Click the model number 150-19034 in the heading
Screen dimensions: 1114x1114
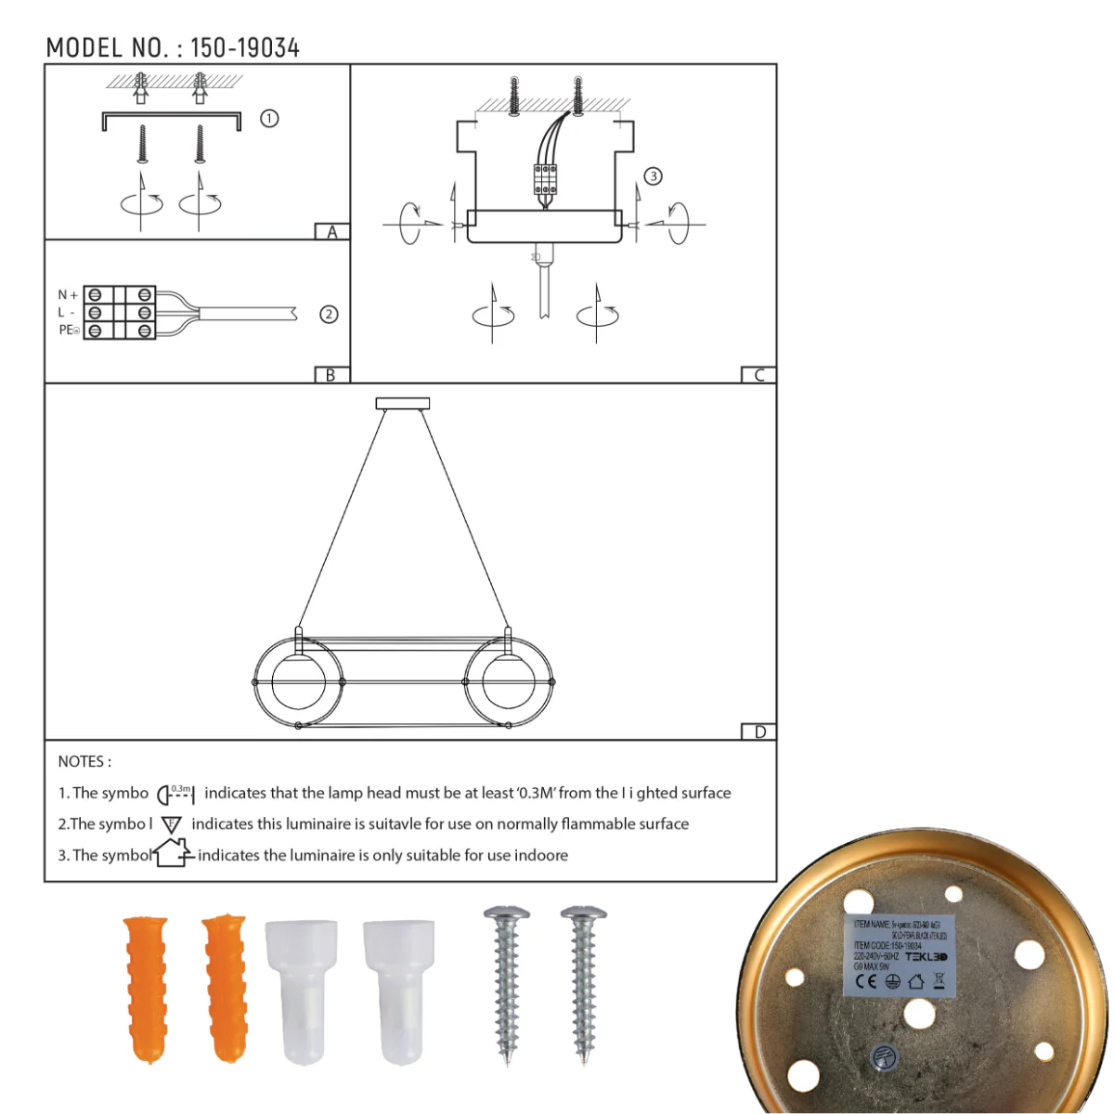[x=245, y=48]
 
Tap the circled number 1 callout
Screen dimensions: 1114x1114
[x=269, y=119]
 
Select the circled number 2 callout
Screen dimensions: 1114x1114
[x=329, y=314]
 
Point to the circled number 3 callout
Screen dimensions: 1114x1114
[x=654, y=176]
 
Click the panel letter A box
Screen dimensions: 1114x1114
[x=331, y=232]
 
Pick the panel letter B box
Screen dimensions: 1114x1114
[x=330, y=375]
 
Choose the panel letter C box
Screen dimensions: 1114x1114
[x=758, y=375]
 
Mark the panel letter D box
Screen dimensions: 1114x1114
[x=758, y=732]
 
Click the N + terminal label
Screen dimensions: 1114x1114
[x=68, y=295]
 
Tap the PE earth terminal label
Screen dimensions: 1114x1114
[x=69, y=330]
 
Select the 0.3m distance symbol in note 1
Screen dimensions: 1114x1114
[x=175, y=794]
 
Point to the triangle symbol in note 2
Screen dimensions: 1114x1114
[x=172, y=824]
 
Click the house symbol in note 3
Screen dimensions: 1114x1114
[x=173, y=852]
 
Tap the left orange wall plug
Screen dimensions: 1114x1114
[x=147, y=989]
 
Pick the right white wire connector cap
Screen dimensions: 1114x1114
[x=397, y=991]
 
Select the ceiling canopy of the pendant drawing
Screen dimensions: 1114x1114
[x=403, y=404]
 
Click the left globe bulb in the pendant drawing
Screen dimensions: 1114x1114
[x=299, y=682]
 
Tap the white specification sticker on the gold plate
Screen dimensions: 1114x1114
[x=899, y=956]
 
